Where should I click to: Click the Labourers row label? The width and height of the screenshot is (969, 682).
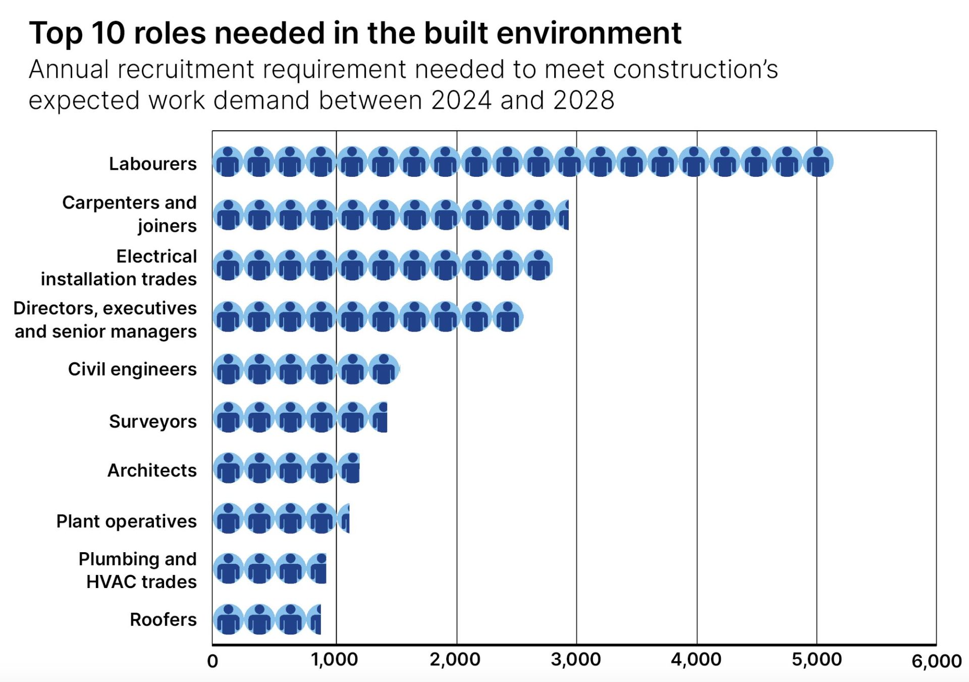click(x=152, y=164)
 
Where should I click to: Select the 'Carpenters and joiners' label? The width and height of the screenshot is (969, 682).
click(x=129, y=214)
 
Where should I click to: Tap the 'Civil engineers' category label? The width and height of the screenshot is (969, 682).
click(x=132, y=369)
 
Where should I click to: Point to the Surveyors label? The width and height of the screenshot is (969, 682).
click(x=152, y=421)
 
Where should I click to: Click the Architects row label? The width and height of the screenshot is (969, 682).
click(x=152, y=470)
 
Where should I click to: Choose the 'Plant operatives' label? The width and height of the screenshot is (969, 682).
click(x=126, y=521)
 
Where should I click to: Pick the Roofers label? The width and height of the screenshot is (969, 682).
click(x=163, y=619)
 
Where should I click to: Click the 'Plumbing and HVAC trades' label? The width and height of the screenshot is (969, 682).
click(x=137, y=570)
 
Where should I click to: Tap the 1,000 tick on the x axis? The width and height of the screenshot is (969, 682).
click(x=335, y=659)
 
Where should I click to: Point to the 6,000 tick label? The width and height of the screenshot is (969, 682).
click(x=936, y=661)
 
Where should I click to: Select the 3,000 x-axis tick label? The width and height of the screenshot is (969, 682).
click(x=576, y=659)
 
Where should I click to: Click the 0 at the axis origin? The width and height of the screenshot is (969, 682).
click(x=212, y=661)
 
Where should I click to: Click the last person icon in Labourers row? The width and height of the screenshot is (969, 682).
click(x=818, y=162)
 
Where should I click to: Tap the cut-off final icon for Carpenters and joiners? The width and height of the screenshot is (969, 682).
click(x=563, y=215)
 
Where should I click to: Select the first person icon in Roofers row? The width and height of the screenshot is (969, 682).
click(x=228, y=619)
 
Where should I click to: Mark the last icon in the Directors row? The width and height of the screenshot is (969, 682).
click(x=508, y=317)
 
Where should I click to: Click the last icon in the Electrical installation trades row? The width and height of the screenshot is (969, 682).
click(x=539, y=265)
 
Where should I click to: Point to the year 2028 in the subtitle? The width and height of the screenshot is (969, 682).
click(x=583, y=100)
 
